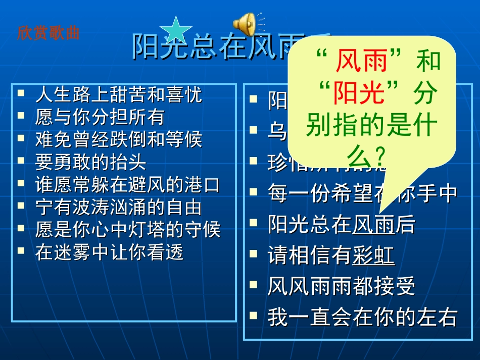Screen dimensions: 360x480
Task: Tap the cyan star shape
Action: pyautogui.click(x=175, y=29)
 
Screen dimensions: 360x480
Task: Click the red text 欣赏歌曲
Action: pyautogui.click(x=49, y=33)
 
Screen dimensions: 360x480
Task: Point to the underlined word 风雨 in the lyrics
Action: pyautogui.click(x=373, y=225)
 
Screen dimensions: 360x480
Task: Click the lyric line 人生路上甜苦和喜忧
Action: pyautogui.click(x=118, y=94)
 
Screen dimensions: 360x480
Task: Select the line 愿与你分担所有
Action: pyautogui.click(x=100, y=117)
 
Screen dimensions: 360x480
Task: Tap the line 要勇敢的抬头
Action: pyautogui.click(x=90, y=162)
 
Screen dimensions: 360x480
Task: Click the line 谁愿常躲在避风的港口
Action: pyautogui.click(x=127, y=184)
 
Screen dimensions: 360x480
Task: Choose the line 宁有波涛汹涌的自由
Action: pyautogui.click(x=118, y=207)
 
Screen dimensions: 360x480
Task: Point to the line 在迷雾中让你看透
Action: pyautogui.click(x=109, y=252)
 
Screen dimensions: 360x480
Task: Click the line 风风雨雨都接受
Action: pyautogui.click(x=342, y=287)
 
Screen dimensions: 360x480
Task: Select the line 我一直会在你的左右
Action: pyautogui.click(x=362, y=317)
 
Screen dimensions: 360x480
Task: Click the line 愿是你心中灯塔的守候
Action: pyautogui.click(x=127, y=230)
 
